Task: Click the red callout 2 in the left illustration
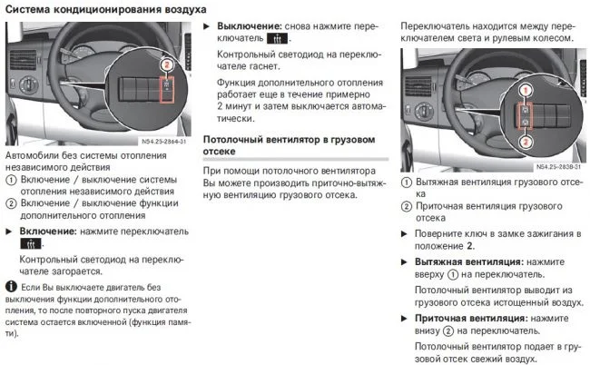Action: pyautogui.click(x=165, y=65)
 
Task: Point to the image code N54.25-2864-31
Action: pyautogui.click(x=164, y=141)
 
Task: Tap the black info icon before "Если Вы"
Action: pyautogui.click(x=10, y=287)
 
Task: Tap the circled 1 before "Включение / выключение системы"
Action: pyautogui.click(x=10, y=180)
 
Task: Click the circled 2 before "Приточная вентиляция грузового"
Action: pyautogui.click(x=407, y=206)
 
